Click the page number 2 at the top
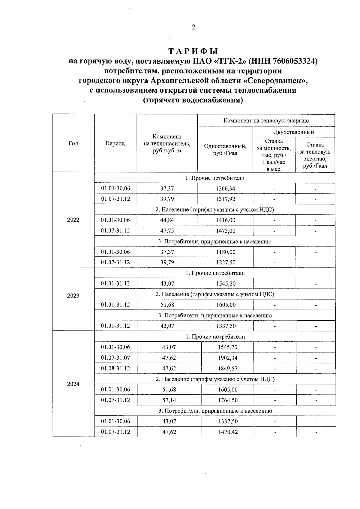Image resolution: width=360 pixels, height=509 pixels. (x=193, y=27)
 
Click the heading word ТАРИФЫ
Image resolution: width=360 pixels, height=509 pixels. (x=193, y=51)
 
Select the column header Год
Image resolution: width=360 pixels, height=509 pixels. (x=73, y=143)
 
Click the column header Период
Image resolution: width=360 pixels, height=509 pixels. (x=115, y=143)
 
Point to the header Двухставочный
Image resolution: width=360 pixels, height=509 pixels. (x=293, y=132)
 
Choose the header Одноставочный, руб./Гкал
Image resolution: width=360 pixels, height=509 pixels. (x=225, y=150)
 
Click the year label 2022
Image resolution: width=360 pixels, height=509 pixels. (x=73, y=220)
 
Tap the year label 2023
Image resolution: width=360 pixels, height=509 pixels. (x=73, y=296)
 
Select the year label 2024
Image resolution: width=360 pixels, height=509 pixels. (x=73, y=384)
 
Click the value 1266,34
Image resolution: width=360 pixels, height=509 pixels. (x=226, y=189)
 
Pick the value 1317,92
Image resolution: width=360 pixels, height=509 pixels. (x=226, y=199)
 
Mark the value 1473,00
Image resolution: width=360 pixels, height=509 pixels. (x=226, y=231)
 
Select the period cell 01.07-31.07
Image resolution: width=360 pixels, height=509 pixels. (x=115, y=358)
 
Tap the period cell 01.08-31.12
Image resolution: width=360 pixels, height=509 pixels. (x=115, y=368)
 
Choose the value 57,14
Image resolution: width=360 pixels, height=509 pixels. (x=169, y=400)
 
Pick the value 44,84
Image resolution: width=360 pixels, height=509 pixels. (x=167, y=220)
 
